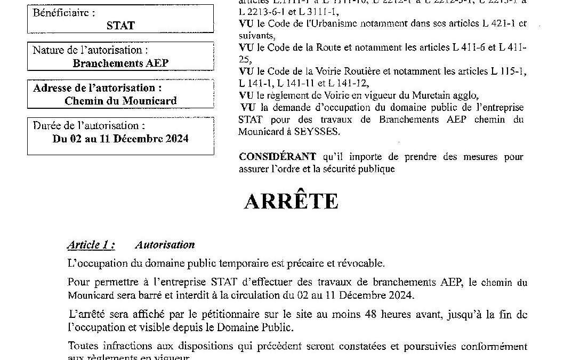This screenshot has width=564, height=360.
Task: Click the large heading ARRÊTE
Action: [291, 202]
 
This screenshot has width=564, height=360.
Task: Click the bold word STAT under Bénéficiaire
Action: [120, 25]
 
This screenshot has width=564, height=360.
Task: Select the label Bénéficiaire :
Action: [64, 11]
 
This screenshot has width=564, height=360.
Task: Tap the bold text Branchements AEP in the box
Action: [120, 63]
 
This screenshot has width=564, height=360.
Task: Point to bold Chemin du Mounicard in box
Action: [120, 100]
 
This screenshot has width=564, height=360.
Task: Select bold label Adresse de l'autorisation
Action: [97, 88]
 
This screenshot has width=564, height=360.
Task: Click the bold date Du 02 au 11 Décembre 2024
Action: [120, 139]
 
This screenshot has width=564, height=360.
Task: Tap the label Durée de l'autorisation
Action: [88, 126]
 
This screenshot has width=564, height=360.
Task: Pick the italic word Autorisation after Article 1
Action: [165, 245]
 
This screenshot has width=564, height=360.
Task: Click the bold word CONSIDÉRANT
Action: [277, 157]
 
